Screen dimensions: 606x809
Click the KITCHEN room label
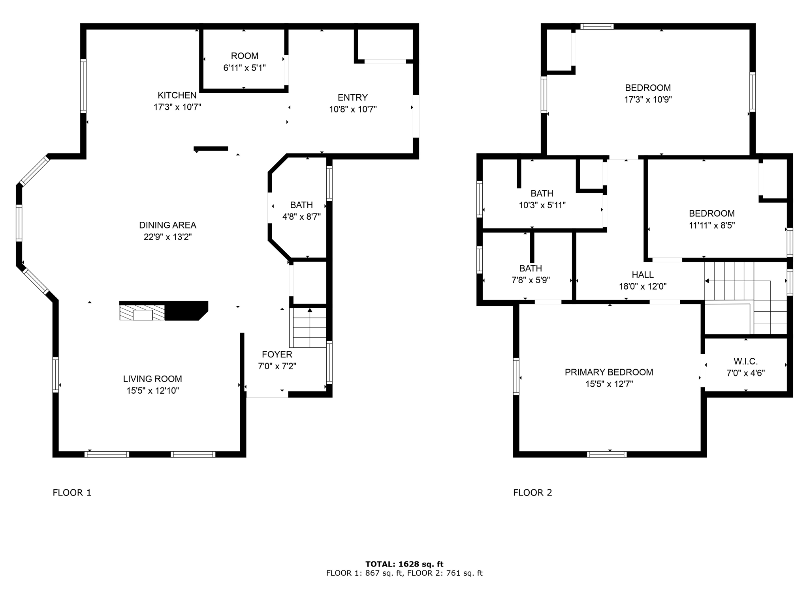177,95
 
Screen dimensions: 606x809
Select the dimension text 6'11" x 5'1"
245,68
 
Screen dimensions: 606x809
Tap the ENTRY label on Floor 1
352,97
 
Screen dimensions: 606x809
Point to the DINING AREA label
167,225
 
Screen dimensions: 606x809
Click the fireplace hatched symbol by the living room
142,312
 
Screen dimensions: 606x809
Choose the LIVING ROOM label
152,379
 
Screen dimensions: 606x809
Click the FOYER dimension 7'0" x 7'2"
277,367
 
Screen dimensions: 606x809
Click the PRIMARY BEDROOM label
609,372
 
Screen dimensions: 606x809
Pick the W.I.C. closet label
745,361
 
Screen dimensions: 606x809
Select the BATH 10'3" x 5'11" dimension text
542,206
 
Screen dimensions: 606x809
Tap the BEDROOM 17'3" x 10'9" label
648,88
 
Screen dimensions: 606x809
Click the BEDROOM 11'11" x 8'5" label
711,214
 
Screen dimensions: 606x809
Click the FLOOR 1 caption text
72,493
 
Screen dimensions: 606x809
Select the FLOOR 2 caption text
532,493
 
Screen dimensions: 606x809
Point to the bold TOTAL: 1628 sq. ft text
404,564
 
